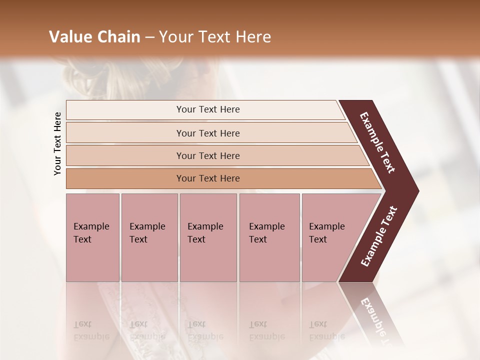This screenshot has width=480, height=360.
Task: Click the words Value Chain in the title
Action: point(94,37)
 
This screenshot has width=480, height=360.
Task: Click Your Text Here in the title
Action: point(215,37)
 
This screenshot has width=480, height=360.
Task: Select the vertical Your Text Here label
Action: point(57,143)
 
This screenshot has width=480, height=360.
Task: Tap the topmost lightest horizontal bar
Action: point(207,109)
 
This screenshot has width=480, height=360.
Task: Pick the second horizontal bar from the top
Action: point(207,133)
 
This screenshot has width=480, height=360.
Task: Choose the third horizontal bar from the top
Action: point(207,155)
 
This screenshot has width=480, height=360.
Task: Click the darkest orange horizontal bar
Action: point(207,178)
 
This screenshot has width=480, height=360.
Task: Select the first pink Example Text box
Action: point(92,237)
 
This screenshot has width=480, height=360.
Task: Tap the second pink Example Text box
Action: point(149,237)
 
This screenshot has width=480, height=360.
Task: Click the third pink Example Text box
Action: point(208,237)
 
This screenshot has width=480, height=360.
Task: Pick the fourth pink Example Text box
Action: point(269,237)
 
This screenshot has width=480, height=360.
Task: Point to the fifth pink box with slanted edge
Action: point(330,237)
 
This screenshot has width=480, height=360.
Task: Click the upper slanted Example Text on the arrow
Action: point(377,142)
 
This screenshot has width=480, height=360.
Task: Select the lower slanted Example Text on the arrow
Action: point(379,236)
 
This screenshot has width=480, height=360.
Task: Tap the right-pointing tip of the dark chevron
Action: point(416,191)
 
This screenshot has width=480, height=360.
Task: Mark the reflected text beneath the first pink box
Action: point(91,330)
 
